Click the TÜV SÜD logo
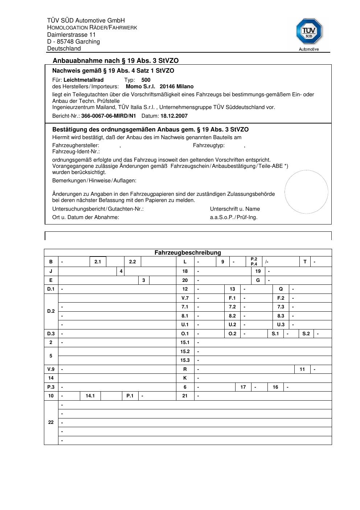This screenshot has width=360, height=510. click(309, 32)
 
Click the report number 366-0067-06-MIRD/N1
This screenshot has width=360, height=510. click(109, 116)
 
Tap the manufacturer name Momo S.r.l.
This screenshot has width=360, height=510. click(140, 86)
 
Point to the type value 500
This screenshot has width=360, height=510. click(146, 80)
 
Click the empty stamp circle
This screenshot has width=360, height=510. click(306, 192)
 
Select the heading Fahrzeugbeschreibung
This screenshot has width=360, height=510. click(188, 252)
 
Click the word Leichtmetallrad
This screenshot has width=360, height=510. click(83, 80)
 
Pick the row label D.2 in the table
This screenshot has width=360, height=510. click(51, 311)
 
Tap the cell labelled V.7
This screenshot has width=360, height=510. click(185, 298)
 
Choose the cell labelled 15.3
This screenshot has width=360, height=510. click(185, 360)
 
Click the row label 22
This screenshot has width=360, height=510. click(51, 422)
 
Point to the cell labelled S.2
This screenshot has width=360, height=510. click(306, 333)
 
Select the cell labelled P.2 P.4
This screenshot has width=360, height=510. click(254, 262)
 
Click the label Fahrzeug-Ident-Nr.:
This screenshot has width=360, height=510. click(76, 151)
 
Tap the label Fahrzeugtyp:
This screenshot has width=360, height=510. click(209, 145)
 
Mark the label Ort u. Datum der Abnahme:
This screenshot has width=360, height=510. click(86, 217)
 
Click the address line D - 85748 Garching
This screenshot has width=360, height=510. click(73, 41)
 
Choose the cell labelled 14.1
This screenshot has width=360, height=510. click(90, 396)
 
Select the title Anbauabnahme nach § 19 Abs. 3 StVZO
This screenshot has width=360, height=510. click(115, 61)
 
